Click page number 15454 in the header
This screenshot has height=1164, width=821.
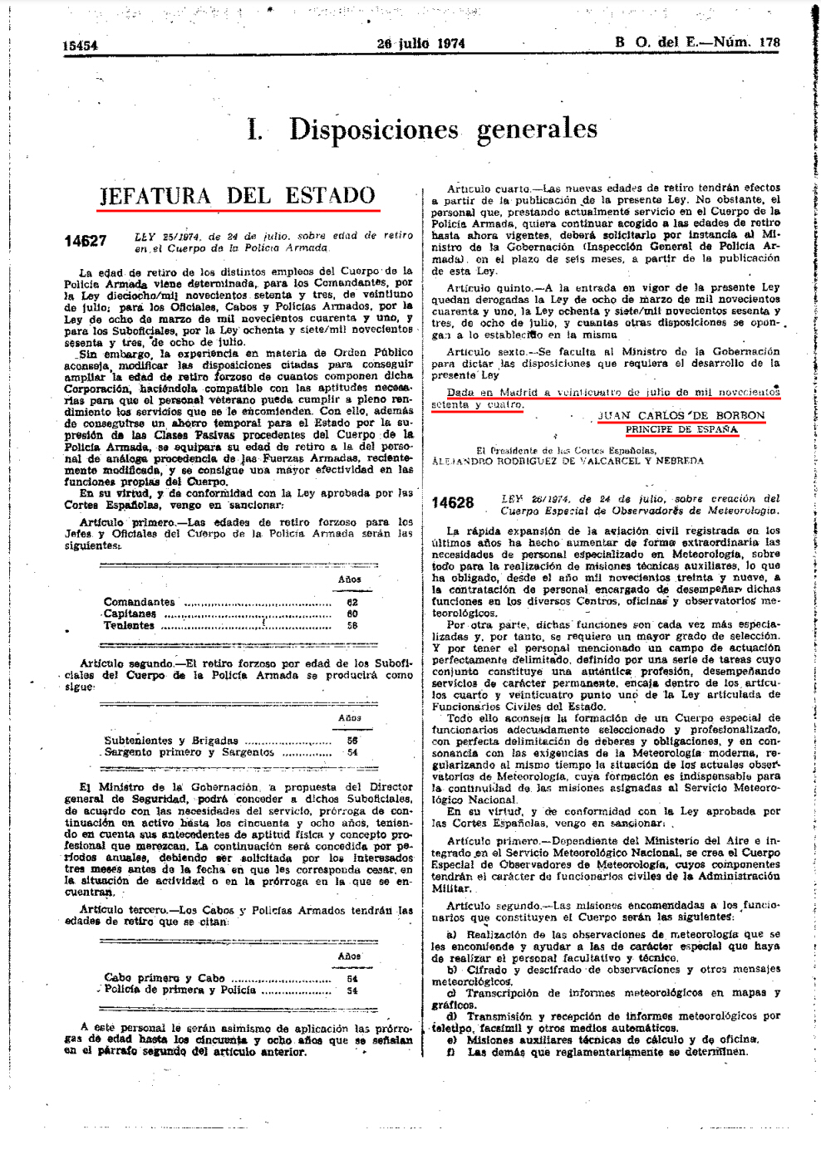click(80, 46)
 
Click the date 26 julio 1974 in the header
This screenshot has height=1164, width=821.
click(420, 43)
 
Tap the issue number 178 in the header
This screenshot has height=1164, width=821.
click(769, 42)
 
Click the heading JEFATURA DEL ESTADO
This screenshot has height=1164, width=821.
click(238, 196)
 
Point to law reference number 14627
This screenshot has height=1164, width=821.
click(86, 242)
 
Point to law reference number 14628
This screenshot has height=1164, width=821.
click(453, 503)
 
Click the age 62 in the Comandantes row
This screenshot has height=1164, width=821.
click(352, 602)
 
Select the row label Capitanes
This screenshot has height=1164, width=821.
click(130, 614)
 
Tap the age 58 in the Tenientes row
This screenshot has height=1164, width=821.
click(352, 626)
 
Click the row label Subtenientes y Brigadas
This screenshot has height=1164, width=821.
click(171, 741)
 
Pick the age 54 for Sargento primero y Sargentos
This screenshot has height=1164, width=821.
click(352, 752)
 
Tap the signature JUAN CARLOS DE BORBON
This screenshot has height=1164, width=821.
click(681, 415)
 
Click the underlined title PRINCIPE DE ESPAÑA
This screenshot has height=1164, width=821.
click(681, 429)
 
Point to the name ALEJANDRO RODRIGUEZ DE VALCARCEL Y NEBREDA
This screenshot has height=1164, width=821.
click(568, 461)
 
